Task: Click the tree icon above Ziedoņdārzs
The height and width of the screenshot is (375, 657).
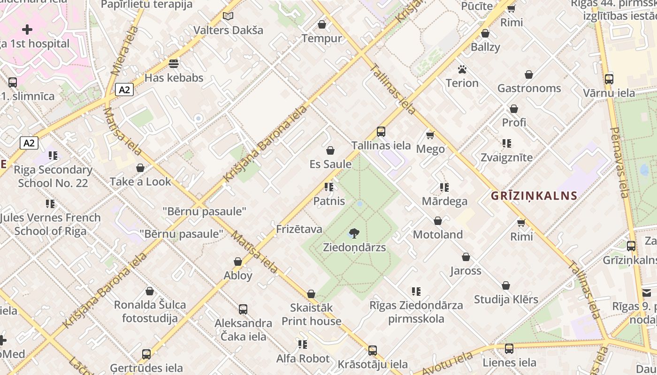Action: (354, 233)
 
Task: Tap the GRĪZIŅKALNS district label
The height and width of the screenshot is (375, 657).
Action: (534, 196)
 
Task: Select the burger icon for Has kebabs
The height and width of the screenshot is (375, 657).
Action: (174, 63)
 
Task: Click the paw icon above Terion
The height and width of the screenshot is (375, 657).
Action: (462, 69)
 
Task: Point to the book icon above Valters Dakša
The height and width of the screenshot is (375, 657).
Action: (228, 16)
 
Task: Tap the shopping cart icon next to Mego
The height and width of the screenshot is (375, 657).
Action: (430, 135)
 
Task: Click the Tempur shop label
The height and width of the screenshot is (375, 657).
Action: (322, 38)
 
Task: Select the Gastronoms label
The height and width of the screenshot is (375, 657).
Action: (529, 88)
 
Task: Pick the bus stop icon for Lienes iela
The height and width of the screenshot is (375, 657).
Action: (509, 348)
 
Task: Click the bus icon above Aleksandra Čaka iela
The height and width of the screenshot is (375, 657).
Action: (243, 309)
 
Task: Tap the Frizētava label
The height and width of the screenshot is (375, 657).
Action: (299, 229)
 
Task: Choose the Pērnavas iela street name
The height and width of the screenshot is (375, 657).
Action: (619, 162)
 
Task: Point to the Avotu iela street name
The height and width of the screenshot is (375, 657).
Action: (447, 363)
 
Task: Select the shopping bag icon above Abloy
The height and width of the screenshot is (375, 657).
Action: (238, 262)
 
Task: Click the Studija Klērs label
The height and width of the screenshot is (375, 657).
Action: (506, 300)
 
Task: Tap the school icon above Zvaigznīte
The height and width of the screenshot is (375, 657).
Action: (507, 143)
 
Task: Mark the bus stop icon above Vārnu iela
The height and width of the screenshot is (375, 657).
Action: (609, 79)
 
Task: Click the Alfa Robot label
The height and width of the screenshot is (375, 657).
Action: (303, 359)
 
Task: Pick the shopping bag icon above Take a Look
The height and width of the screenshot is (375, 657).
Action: (140, 168)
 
